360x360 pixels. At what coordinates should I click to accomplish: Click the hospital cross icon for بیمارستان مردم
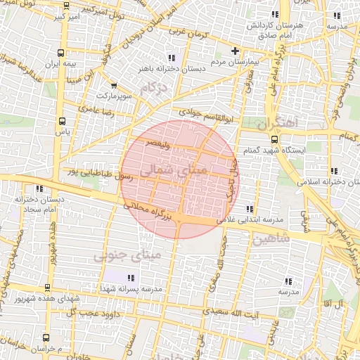236,51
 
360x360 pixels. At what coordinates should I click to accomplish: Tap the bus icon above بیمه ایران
64,52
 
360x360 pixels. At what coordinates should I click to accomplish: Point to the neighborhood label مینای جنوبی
127,255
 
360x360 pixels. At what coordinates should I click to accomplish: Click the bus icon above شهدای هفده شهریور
46,287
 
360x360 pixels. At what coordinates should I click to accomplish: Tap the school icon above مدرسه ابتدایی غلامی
250,208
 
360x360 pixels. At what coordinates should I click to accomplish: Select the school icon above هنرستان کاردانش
275,14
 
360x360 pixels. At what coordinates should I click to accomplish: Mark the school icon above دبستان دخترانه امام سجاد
39,188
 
